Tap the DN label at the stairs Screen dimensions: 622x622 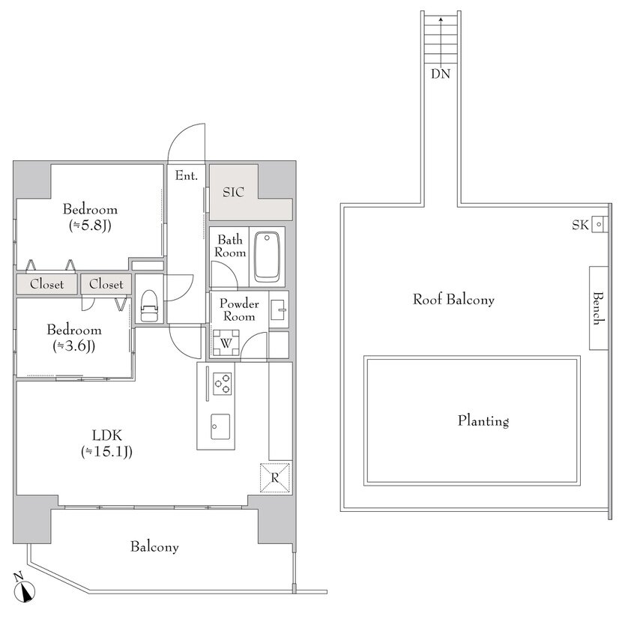(441, 74)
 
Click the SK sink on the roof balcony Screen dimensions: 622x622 (599, 224)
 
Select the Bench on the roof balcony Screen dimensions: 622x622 (598, 308)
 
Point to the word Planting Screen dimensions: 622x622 (483, 421)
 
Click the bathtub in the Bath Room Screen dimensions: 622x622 (267, 256)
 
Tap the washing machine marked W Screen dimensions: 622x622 (226, 343)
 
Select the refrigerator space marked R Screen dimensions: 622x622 (275, 477)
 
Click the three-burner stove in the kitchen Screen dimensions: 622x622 (222, 384)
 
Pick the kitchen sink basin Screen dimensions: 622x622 (220, 427)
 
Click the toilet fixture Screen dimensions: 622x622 (149, 306)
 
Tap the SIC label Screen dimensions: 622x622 (233, 193)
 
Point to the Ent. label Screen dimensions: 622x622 (187, 175)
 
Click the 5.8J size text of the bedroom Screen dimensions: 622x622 (90, 226)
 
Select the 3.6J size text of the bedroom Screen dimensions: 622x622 (73, 346)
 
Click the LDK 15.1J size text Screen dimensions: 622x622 (106, 452)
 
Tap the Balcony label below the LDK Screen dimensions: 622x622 (154, 547)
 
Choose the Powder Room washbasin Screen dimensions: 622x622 (279, 310)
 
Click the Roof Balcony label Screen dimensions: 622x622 (454, 300)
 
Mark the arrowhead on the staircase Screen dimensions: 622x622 (441, 19)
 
